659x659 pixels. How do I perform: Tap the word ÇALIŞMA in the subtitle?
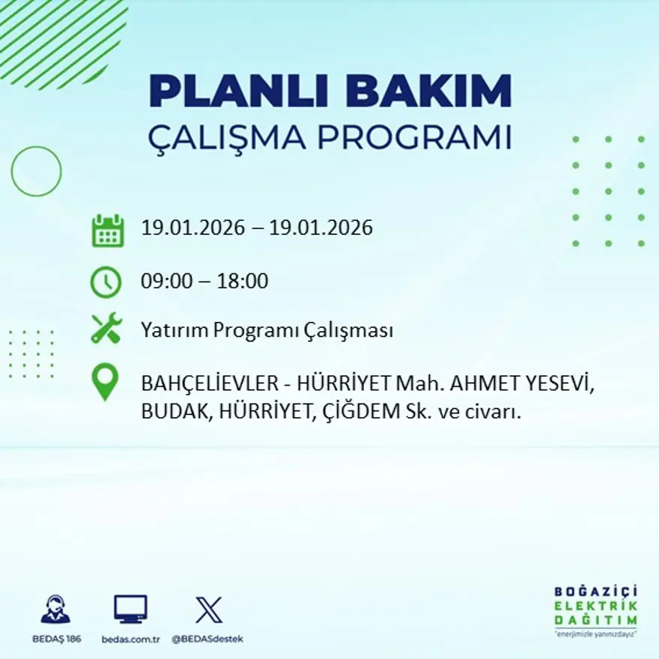(x=225, y=138)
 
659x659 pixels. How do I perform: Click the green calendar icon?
(x=107, y=231)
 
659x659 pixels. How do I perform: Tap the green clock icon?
(x=106, y=282)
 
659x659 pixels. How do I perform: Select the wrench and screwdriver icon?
(x=106, y=329)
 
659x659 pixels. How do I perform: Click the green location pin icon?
(x=105, y=381)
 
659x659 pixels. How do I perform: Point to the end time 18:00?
(x=242, y=282)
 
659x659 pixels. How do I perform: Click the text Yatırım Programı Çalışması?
(x=267, y=330)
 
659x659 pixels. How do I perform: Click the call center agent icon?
(x=55, y=610)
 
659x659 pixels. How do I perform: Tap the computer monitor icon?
(x=130, y=610)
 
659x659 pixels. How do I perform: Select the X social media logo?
(x=208, y=610)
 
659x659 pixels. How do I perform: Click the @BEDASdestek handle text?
(x=207, y=639)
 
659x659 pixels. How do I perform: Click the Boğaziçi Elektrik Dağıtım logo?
(x=595, y=610)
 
